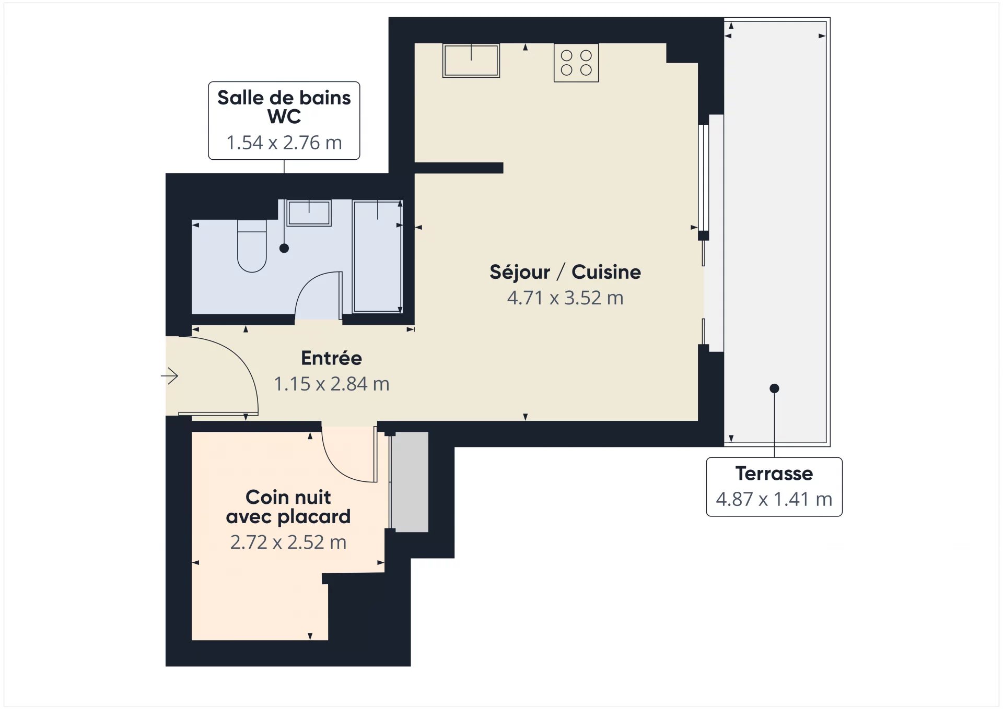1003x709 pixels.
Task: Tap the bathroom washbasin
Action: pyautogui.click(x=309, y=213)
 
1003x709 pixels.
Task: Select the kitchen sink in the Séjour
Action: pyautogui.click(x=471, y=61)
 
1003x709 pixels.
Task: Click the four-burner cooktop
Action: pyautogui.click(x=576, y=63)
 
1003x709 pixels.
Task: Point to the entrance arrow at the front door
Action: pyautogui.click(x=170, y=375)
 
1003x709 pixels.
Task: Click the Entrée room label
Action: pyautogui.click(x=331, y=358)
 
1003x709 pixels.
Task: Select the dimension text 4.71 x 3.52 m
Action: pyautogui.click(x=565, y=298)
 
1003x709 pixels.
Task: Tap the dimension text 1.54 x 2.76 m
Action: pyautogui.click(x=284, y=143)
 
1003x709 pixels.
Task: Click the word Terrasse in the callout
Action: pyautogui.click(x=774, y=474)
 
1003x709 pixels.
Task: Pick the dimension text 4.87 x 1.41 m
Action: pyautogui.click(x=774, y=500)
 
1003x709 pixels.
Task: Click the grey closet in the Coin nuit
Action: pyautogui.click(x=410, y=482)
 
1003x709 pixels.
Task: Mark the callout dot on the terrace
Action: pyautogui.click(x=774, y=388)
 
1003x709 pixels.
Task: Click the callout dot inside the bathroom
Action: pyautogui.click(x=284, y=249)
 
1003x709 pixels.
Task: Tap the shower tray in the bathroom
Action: pyautogui.click(x=377, y=256)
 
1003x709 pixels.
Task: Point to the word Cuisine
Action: pyautogui.click(x=606, y=272)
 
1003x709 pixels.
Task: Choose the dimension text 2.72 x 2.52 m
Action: pyautogui.click(x=288, y=542)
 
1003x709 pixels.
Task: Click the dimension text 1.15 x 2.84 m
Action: pyautogui.click(x=331, y=384)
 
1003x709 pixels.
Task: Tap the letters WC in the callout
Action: pyautogui.click(x=284, y=117)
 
